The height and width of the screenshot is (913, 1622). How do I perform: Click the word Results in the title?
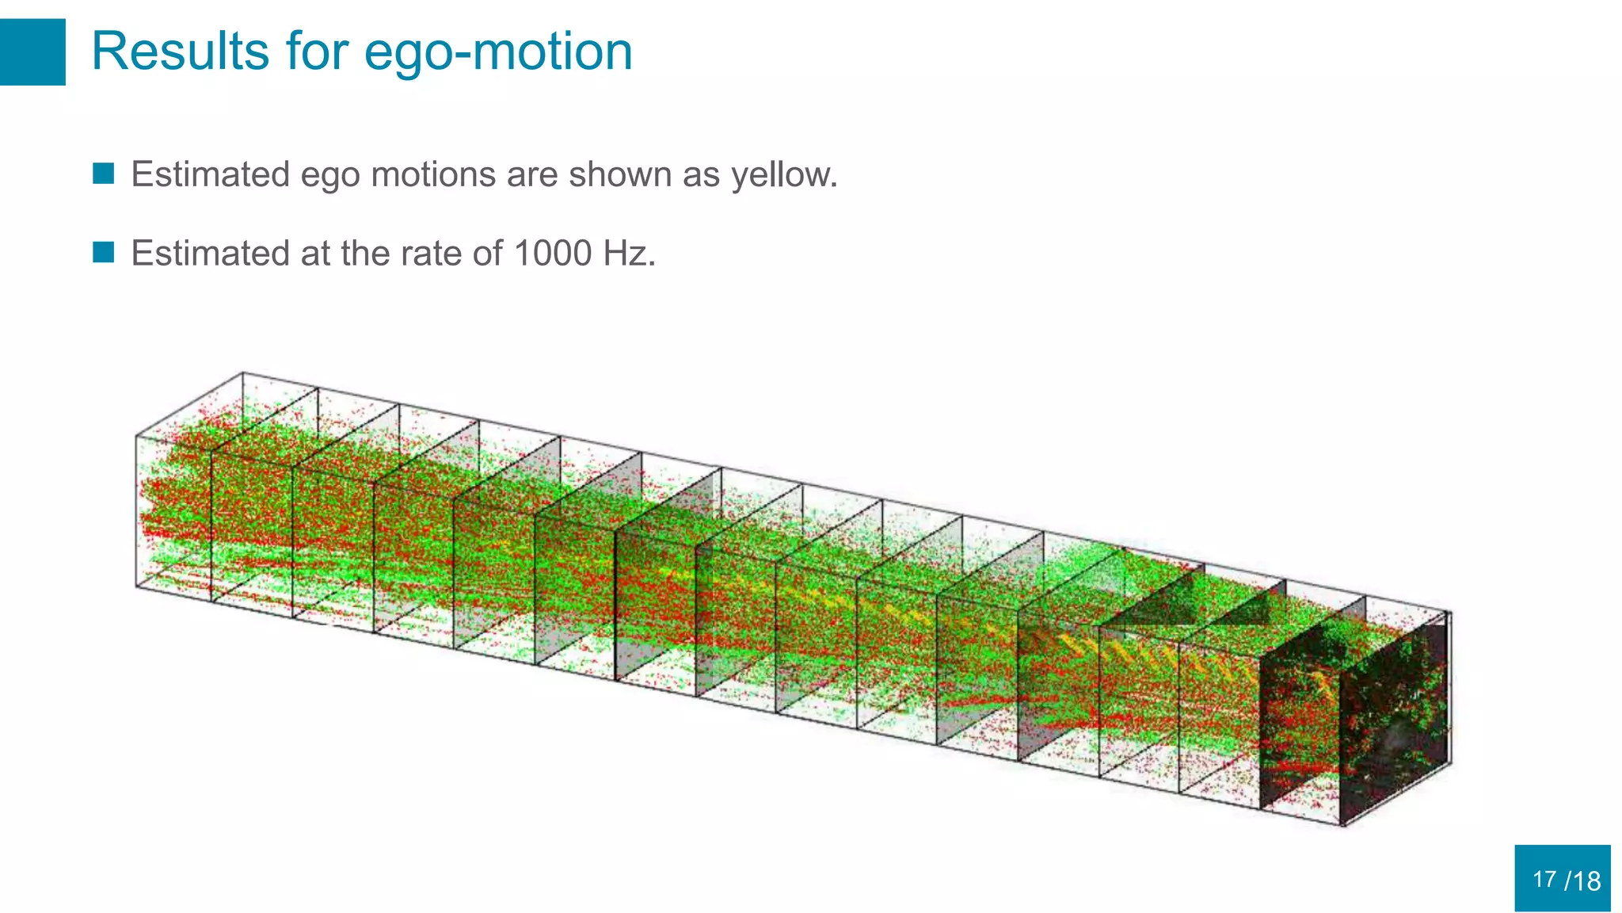(x=180, y=52)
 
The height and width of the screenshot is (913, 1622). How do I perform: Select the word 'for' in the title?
(x=317, y=52)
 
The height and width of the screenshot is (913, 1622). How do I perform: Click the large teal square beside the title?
(x=32, y=52)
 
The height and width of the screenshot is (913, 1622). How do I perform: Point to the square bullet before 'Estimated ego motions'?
(x=104, y=174)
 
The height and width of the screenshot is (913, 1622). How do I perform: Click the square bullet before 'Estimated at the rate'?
(x=104, y=253)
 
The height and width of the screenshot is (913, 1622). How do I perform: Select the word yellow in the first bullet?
(x=783, y=175)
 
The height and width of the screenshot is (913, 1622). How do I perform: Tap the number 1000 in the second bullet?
(x=553, y=254)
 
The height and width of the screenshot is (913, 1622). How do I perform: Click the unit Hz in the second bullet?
(x=629, y=254)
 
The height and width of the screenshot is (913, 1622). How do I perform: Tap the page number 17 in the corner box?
(x=1544, y=880)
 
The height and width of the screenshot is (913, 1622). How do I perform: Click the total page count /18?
(x=1582, y=881)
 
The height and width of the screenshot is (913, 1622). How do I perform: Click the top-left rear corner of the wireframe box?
(x=243, y=372)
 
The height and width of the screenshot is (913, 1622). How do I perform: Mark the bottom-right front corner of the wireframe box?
(x=1344, y=825)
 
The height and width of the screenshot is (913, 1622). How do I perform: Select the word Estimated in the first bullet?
(x=211, y=174)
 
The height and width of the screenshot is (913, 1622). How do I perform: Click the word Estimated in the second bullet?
(x=211, y=254)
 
